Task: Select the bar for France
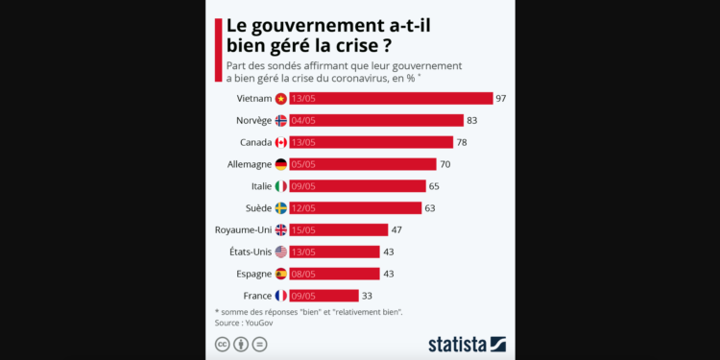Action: tap(324, 296)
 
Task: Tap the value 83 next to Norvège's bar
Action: tap(471, 120)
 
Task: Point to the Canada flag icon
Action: tap(281, 142)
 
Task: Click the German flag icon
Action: tap(281, 164)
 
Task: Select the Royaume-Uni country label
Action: tap(243, 229)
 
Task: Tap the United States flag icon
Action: tap(281, 252)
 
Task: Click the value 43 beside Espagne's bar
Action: tap(389, 274)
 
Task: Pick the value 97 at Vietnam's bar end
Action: tap(500, 98)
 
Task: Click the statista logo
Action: tap(467, 344)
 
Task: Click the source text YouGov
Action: tap(258, 323)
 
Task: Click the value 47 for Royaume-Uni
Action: tap(397, 229)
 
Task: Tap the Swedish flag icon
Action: tap(281, 208)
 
